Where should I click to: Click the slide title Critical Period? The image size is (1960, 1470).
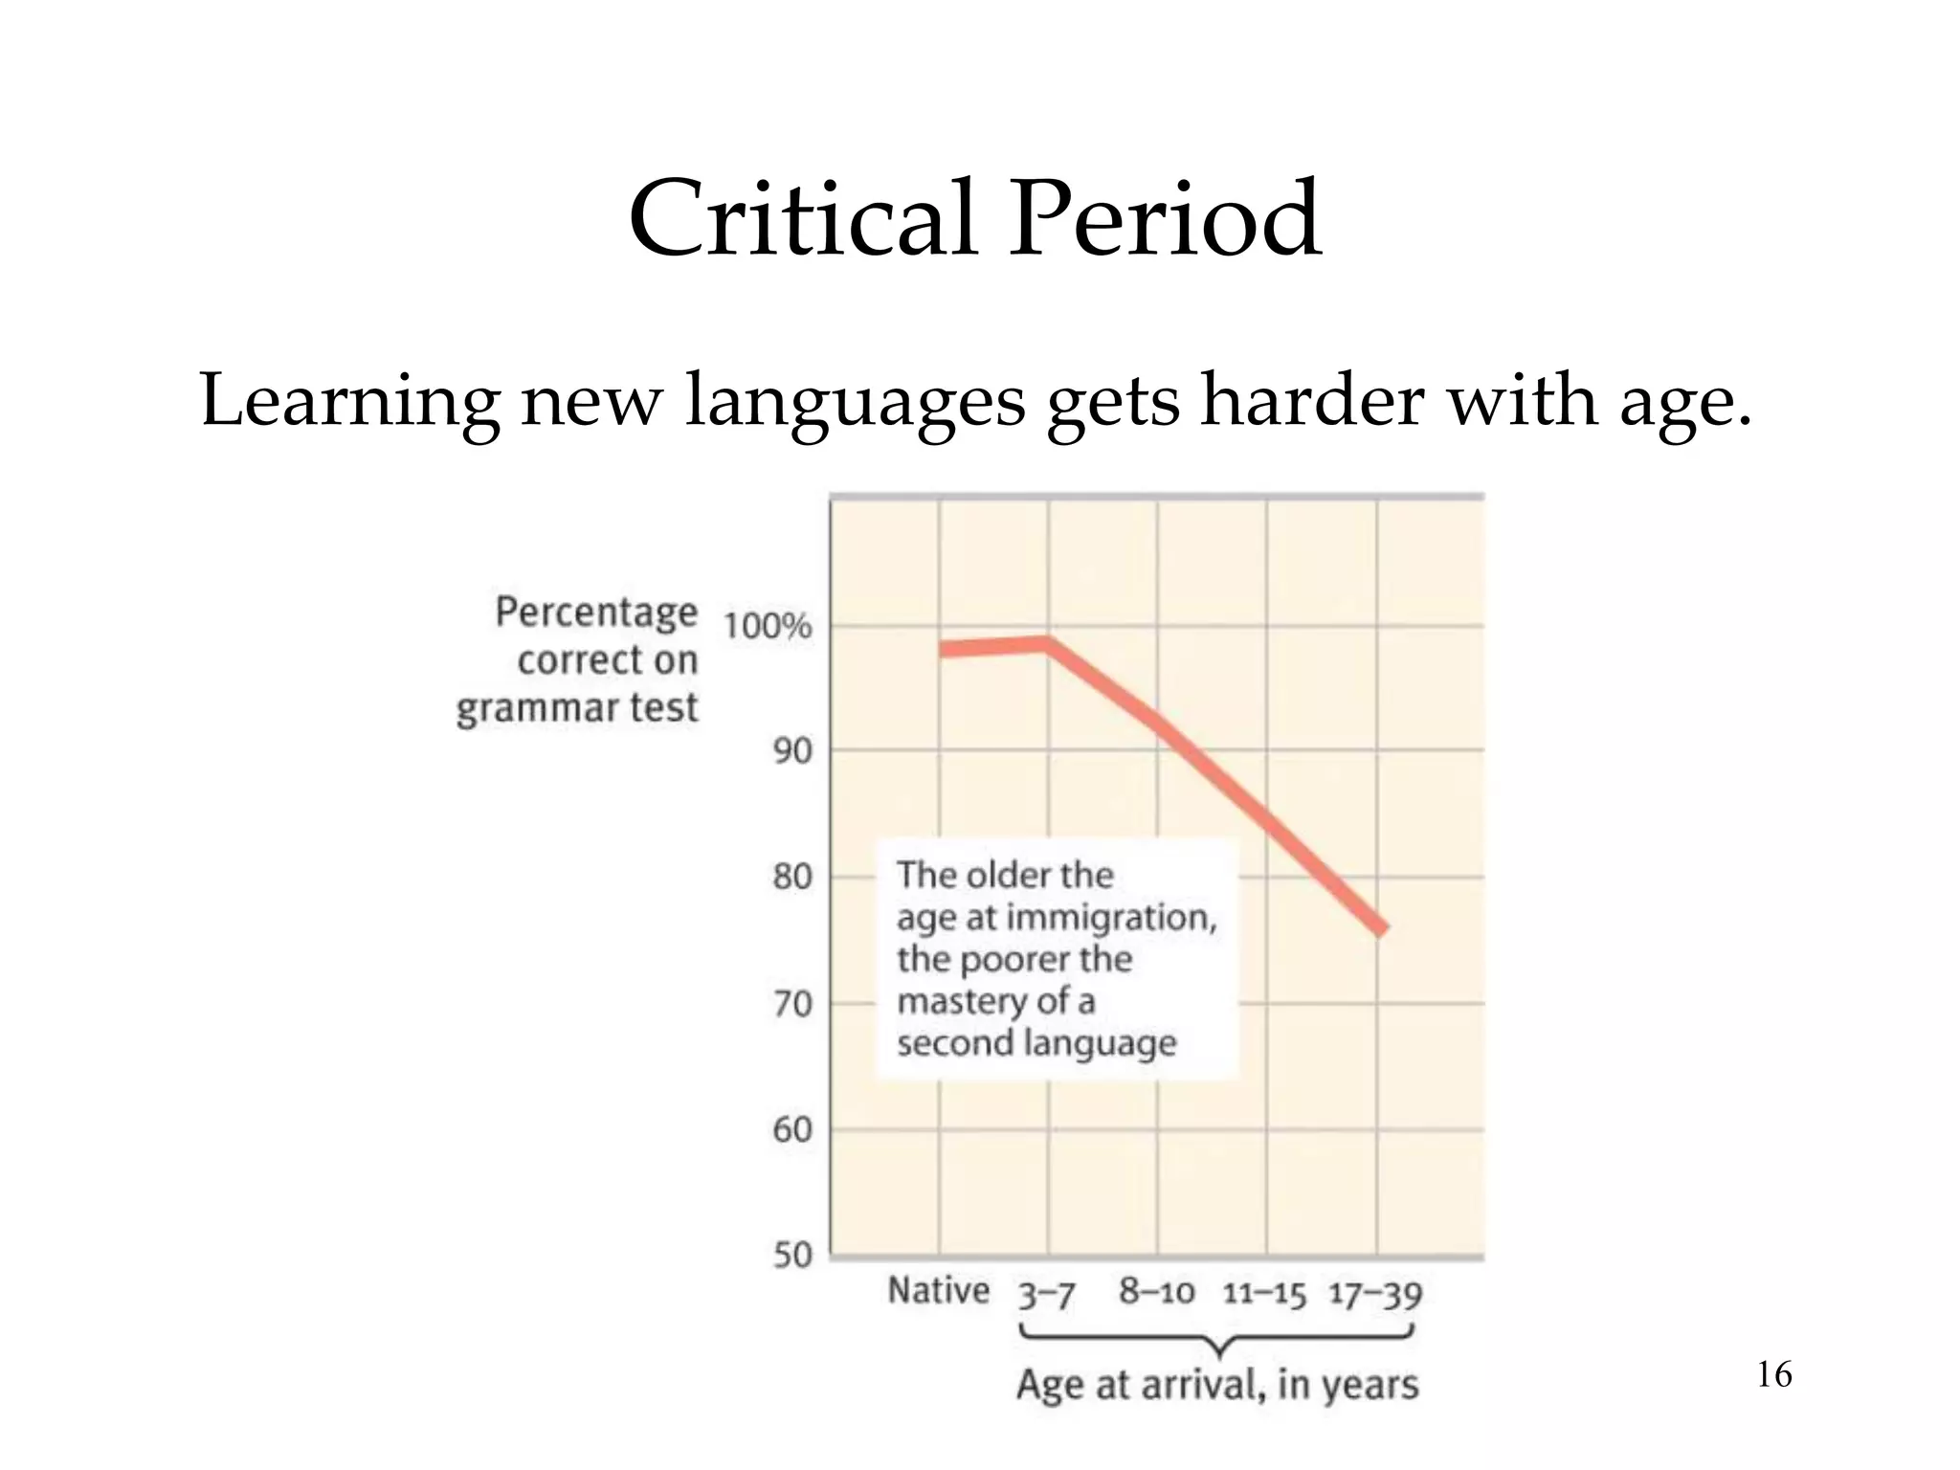975,219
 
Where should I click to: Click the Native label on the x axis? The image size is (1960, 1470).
938,1290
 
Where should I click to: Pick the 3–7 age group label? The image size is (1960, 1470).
1046,1295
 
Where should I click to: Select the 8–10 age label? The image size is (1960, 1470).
1157,1292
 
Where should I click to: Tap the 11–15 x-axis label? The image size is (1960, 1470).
1264,1295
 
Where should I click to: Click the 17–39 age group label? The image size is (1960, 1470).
1375,1295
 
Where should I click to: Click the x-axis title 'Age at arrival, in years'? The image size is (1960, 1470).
1217,1385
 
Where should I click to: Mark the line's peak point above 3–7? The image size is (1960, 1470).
1048,643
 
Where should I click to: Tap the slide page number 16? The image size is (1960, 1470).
1774,1375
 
